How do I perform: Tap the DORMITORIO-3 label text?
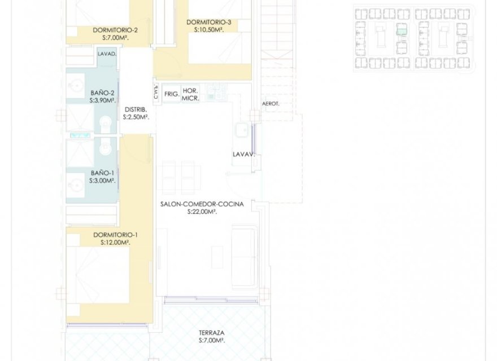208,23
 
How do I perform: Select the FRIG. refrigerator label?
172,94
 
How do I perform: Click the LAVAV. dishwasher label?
244,154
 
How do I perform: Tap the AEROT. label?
271,104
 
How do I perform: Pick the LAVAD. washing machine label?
107,55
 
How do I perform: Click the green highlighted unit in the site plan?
402,30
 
